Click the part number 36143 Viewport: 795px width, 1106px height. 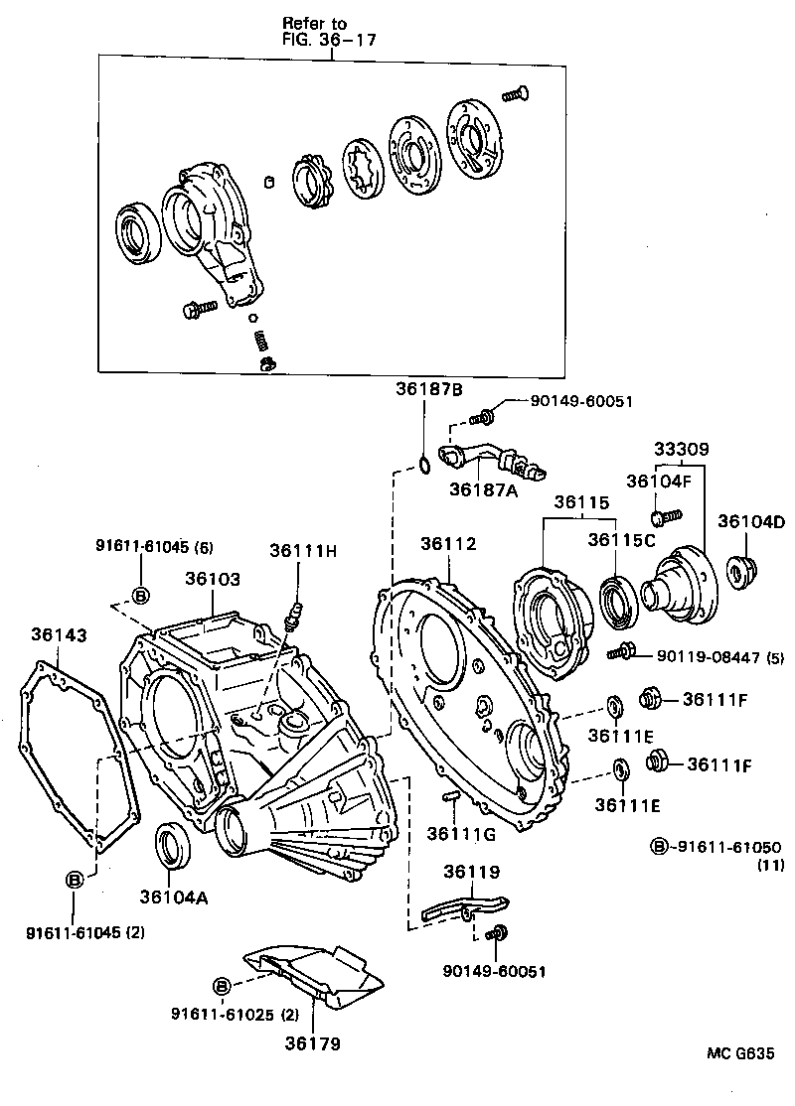point(59,633)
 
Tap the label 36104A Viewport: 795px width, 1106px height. point(173,897)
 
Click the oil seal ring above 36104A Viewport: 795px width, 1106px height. point(174,844)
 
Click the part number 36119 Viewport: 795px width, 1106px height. point(471,872)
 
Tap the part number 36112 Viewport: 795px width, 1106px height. point(447,544)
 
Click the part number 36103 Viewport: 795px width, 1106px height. point(213,578)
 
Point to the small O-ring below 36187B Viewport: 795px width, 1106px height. point(424,463)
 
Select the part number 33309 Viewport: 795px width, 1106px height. point(681,449)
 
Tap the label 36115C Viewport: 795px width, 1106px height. point(619,540)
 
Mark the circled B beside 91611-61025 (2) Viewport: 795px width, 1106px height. point(222,986)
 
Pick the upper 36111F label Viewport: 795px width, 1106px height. point(715,699)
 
